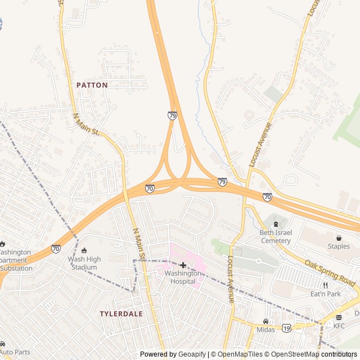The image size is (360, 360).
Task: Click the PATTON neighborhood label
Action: click(x=92, y=85)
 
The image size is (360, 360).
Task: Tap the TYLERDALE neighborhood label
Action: click(x=121, y=313)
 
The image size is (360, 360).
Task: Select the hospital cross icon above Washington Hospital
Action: click(x=183, y=265)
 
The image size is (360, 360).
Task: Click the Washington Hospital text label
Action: click(x=183, y=277)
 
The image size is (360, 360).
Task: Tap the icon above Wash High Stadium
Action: click(x=84, y=250)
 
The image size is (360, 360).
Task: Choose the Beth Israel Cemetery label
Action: click(x=275, y=237)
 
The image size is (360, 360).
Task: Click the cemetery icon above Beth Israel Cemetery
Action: click(x=275, y=224)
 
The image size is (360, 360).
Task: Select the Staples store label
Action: click(x=339, y=246)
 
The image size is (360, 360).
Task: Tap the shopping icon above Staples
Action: click(x=339, y=238)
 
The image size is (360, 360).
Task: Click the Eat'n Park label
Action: click(x=325, y=294)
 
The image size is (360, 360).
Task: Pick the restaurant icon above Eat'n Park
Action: click(x=325, y=285)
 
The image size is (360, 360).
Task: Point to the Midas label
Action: click(x=265, y=330)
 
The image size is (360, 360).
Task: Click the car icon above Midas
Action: click(x=265, y=321)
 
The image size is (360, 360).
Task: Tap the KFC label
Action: click(x=339, y=326)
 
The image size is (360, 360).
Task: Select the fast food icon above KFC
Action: click(x=339, y=317)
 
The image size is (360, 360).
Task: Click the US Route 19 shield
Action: click(x=286, y=327)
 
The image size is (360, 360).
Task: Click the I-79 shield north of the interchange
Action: click(x=172, y=115)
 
